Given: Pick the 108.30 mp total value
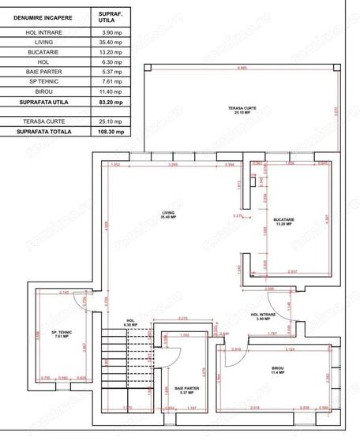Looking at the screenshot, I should [x=107, y=133].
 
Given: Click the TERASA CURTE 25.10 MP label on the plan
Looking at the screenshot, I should [x=238, y=110].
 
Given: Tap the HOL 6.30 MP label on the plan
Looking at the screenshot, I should [x=131, y=323].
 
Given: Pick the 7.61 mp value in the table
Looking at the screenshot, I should [x=107, y=81].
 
